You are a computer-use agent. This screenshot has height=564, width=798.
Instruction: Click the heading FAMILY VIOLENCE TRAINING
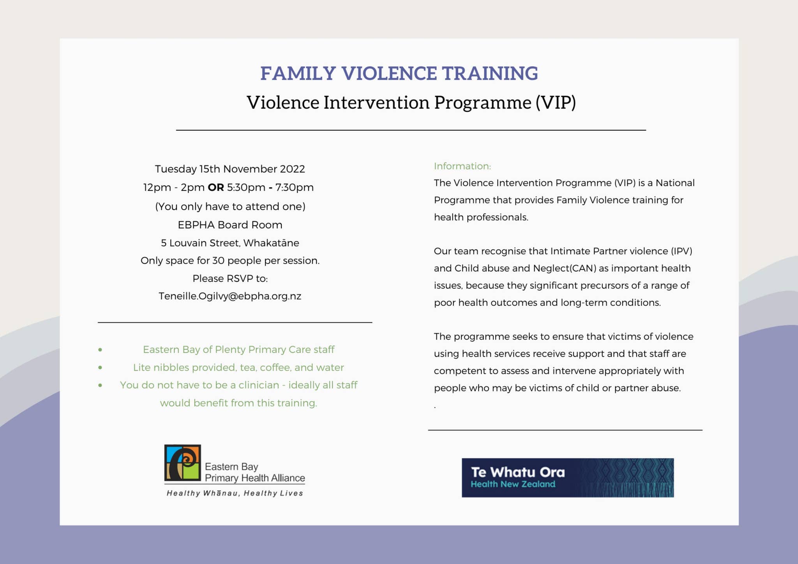pos(399,73)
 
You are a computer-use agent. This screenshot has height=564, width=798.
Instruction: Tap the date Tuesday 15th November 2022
pos(230,169)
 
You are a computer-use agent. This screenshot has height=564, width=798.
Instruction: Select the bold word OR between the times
pos(215,187)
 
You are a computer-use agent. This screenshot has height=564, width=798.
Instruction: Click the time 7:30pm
pos(294,187)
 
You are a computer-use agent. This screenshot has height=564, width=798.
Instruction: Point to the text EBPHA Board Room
pos(230,225)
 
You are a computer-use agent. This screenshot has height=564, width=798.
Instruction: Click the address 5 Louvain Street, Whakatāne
pos(230,243)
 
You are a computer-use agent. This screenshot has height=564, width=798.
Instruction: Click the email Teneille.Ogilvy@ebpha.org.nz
pos(230,296)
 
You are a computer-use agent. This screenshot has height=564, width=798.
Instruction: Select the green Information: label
pos(462,166)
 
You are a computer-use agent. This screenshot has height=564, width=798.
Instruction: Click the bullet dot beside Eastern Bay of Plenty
pos(100,350)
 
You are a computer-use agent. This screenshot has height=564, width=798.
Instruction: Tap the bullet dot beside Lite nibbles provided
pos(100,368)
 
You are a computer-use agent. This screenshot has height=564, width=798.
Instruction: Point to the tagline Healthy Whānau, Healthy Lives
pos(235,493)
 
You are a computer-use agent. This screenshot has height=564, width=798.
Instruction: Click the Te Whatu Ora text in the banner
pos(518,472)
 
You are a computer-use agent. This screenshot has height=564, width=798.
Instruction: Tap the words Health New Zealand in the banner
pos(513,484)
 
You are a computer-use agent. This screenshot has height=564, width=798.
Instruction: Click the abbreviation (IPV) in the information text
pos(681,251)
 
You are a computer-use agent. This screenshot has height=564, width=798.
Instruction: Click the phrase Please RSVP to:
pos(230,278)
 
